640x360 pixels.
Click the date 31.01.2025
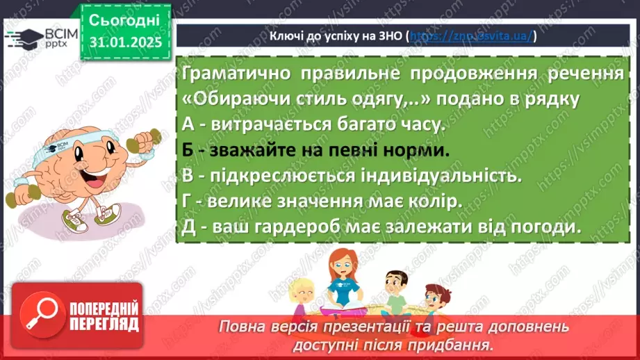click(125, 42)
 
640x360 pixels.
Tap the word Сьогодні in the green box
click(124, 21)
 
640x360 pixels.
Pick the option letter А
click(186, 124)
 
